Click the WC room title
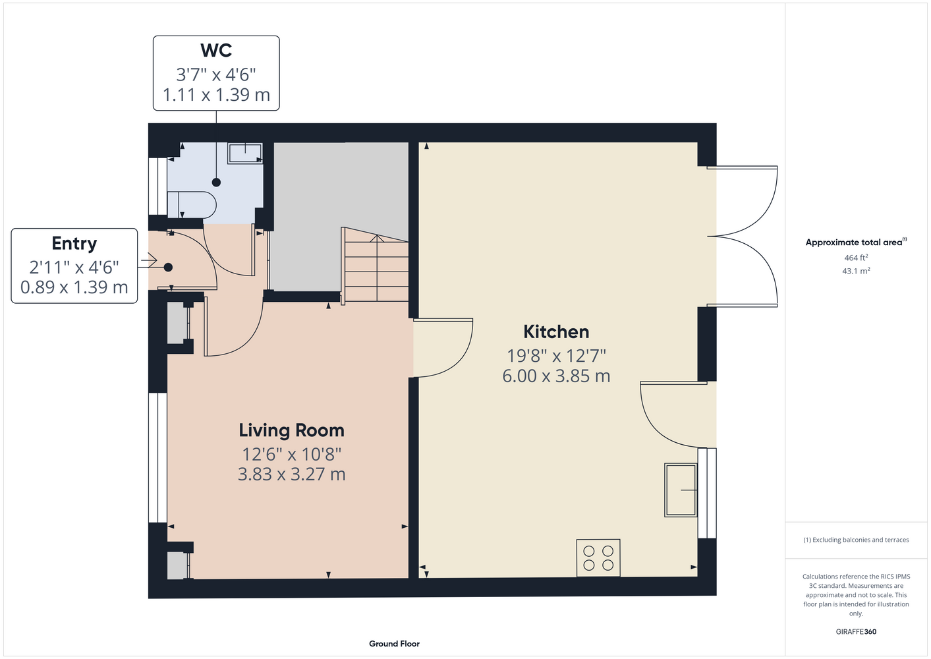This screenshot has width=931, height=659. click(216, 50)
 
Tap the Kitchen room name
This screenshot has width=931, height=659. click(556, 331)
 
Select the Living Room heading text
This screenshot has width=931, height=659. click(291, 430)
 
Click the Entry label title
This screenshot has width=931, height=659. click(74, 244)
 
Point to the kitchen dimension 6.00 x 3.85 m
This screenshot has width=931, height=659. click(556, 376)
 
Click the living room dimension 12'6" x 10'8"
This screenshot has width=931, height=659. click(291, 455)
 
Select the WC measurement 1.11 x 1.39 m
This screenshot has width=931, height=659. click(216, 95)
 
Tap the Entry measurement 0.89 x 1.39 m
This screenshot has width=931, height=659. click(74, 287)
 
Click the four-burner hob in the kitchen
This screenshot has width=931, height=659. click(598, 558)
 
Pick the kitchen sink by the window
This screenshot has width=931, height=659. click(681, 490)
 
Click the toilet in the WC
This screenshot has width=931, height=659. click(192, 204)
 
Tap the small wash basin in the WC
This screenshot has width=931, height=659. click(245, 154)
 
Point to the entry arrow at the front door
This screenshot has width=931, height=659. click(148, 261)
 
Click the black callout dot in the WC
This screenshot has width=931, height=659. click(216, 182)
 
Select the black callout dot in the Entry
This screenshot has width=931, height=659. click(168, 268)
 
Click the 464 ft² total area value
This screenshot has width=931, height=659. click(856, 258)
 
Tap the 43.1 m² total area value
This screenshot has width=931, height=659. click(856, 271)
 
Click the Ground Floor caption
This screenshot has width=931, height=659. click(394, 644)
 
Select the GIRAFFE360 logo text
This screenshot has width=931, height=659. click(856, 631)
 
